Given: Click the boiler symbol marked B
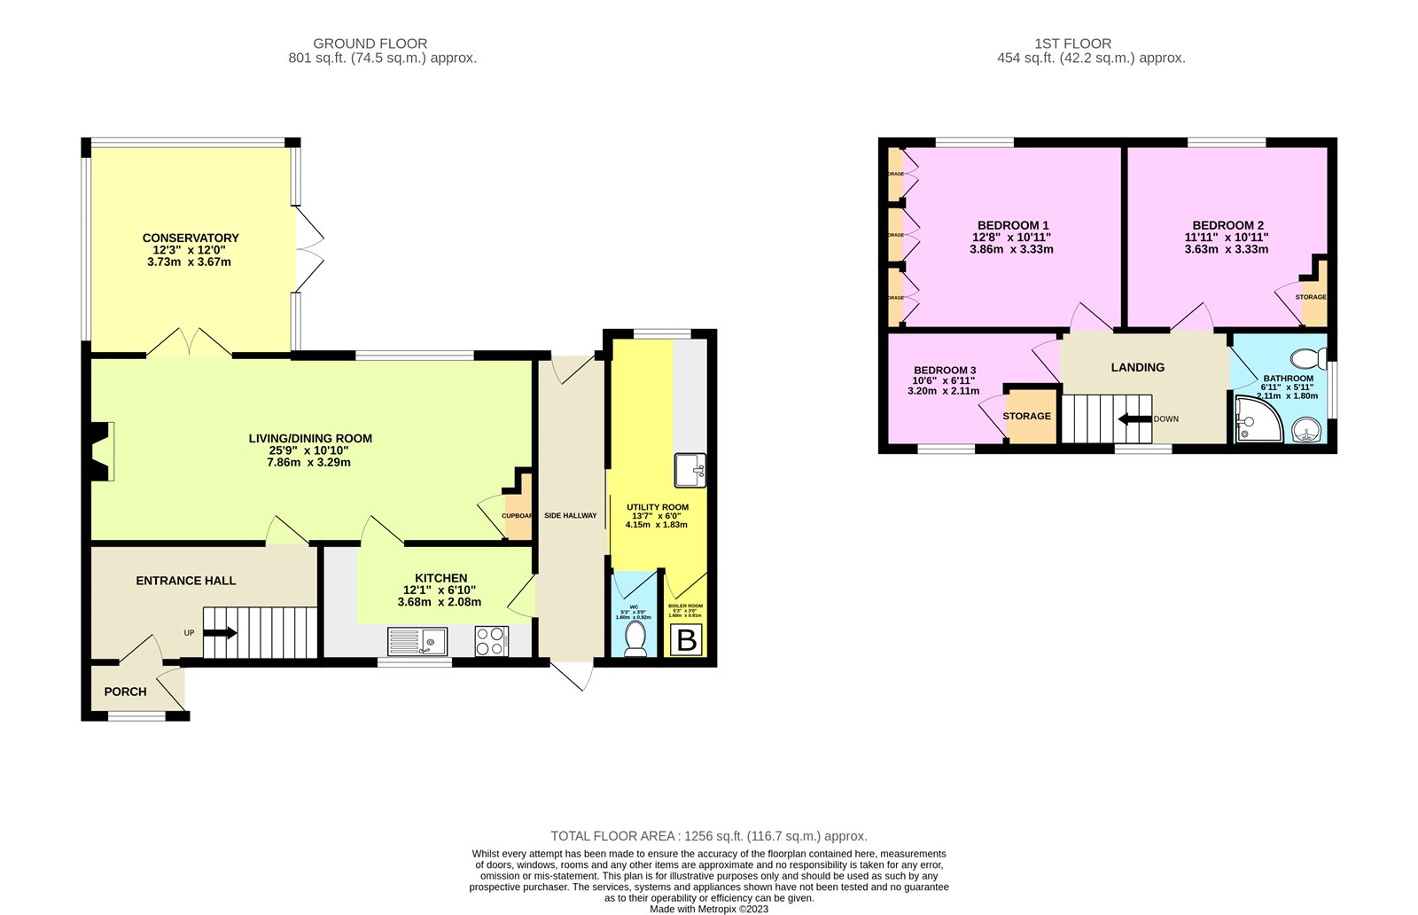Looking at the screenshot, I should point(687,639).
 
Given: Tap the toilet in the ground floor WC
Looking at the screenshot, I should point(635,638).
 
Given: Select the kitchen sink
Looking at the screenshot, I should point(417,640).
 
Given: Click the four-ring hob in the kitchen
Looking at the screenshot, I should point(492,641).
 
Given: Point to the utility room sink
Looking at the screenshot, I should point(690,470).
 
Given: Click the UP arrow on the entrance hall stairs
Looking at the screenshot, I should point(220,633).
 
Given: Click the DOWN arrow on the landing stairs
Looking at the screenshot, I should point(1134,418).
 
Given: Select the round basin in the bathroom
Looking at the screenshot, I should point(1305,430).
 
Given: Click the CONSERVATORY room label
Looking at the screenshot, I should point(191,238).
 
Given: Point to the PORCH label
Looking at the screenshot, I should point(125,692).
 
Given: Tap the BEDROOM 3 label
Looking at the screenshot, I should point(945,370).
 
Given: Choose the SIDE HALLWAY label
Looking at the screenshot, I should point(570,515).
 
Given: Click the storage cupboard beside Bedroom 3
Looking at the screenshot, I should point(1028,416).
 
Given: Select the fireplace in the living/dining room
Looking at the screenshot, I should point(102,452).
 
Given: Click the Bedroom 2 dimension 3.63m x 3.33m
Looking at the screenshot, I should point(1226,249).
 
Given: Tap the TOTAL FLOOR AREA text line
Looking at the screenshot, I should point(708,835).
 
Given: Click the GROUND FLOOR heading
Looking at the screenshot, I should point(370,43).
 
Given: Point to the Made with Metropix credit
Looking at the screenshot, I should point(708,908).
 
